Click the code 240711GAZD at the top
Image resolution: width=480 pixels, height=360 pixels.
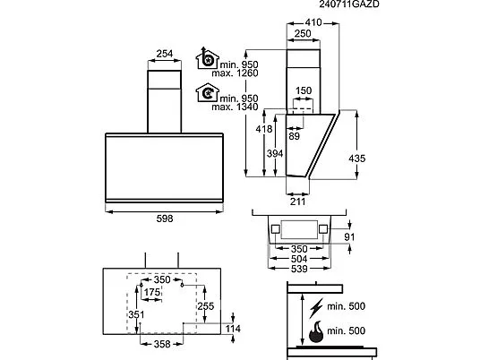[x=349, y=4]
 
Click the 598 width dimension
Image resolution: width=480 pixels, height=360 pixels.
[x=165, y=219]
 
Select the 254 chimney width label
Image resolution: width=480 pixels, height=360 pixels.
[x=165, y=54]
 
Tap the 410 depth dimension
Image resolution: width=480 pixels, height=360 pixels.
[x=313, y=22]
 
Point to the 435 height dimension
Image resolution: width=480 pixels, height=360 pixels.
[x=357, y=159]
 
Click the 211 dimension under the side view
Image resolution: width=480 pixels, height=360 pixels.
[x=297, y=201]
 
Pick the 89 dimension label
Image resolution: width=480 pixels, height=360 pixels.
[x=295, y=136]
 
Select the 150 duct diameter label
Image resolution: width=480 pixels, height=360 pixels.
[x=304, y=90]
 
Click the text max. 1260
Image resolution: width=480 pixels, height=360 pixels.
[x=236, y=73]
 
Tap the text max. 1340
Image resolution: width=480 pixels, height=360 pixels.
[x=236, y=107]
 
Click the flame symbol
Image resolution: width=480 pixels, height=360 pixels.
[x=316, y=331]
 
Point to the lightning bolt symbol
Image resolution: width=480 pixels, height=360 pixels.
[x=315, y=308]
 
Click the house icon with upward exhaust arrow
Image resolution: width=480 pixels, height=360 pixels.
[x=207, y=58]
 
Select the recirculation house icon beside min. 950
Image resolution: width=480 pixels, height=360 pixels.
[x=207, y=92]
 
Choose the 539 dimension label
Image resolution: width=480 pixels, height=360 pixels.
[x=299, y=269]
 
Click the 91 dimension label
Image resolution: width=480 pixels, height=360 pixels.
[x=349, y=237]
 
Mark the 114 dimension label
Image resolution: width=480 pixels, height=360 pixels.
[x=233, y=329]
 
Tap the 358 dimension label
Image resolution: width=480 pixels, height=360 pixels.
[x=162, y=344]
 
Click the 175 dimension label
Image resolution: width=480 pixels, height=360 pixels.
[x=152, y=292]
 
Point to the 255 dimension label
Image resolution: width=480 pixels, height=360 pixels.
[x=206, y=306]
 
